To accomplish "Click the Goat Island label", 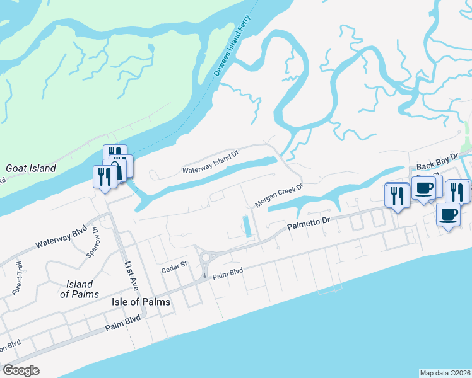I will click(31, 168).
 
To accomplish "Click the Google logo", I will click(21, 370).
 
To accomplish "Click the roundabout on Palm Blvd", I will click(206, 258).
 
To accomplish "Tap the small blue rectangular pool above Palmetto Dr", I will click(247, 226).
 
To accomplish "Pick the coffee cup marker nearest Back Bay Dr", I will click(423, 188).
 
